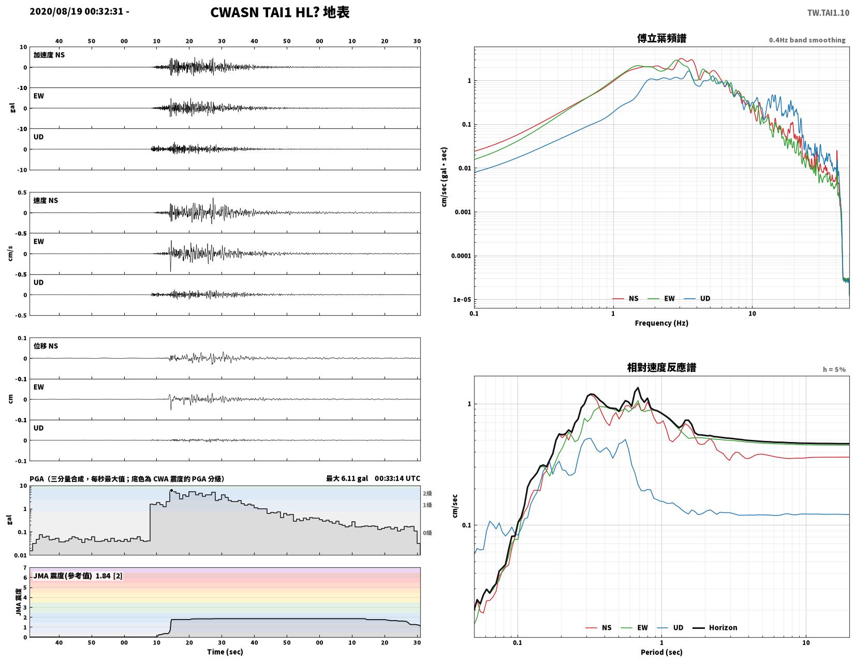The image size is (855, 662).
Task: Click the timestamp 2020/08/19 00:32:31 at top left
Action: (77, 11)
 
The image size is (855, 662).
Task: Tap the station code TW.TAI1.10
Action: (828, 13)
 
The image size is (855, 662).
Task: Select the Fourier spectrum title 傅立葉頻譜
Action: (661, 38)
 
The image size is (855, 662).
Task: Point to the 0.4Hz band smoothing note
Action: (806, 40)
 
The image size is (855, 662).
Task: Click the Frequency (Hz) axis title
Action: (661, 323)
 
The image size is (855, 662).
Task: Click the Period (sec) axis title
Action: (661, 652)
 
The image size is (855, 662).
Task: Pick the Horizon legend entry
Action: (714, 628)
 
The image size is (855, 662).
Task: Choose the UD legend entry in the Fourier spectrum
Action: (697, 299)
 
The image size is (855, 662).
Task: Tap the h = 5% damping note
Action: (834, 370)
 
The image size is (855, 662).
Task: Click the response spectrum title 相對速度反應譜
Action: (661, 368)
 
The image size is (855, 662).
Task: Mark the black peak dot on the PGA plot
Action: (171, 491)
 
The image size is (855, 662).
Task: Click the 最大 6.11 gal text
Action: (347, 479)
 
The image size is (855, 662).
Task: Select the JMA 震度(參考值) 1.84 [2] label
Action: (78, 576)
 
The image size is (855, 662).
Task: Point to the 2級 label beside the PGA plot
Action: (427, 493)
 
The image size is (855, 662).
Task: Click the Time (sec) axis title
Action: (225, 652)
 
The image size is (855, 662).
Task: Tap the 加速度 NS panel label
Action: (49, 55)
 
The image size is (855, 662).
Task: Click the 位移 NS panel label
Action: (46, 346)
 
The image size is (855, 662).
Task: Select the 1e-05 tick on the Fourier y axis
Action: (462, 300)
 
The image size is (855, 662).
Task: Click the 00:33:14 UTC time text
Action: (397, 479)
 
